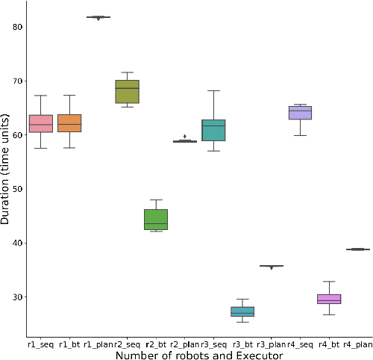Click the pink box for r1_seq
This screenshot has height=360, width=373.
click(x=41, y=123)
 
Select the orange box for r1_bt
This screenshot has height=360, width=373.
click(x=69, y=123)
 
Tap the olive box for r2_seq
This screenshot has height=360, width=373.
click(x=127, y=91)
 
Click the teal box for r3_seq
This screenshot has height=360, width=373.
click(x=213, y=130)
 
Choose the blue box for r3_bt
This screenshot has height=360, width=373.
click(x=242, y=311)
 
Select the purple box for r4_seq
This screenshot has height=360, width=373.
click(x=300, y=113)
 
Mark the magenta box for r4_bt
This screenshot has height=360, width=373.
click(x=329, y=299)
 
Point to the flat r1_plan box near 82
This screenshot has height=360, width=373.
click(x=98, y=16)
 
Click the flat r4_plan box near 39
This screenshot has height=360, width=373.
click(x=357, y=249)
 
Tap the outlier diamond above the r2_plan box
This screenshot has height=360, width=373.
click(x=185, y=137)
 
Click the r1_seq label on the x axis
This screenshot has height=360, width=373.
click(x=41, y=344)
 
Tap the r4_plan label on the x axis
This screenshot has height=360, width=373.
click(x=357, y=344)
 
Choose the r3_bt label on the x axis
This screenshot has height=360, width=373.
click(x=242, y=344)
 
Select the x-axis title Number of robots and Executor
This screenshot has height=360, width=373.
click(x=199, y=355)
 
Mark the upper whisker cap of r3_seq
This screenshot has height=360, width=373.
click(x=213, y=91)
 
